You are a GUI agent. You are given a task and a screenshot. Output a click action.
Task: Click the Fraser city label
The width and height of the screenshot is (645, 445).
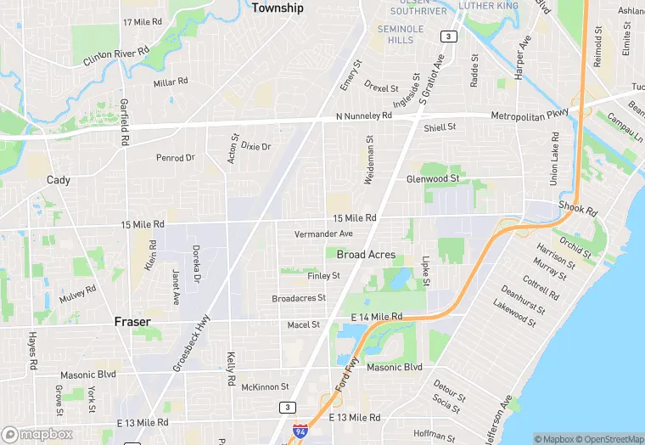[132, 322]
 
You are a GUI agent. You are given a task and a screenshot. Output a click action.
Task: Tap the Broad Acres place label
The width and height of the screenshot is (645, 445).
[366, 255]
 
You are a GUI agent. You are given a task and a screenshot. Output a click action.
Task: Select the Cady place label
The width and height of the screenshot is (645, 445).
[59, 179]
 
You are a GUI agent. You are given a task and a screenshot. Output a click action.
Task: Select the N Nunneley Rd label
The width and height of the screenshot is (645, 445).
[364, 115]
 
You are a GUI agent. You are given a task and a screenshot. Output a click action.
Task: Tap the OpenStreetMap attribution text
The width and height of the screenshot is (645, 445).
[611, 439]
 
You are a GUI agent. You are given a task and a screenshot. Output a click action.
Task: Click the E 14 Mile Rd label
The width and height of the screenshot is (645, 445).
[377, 317]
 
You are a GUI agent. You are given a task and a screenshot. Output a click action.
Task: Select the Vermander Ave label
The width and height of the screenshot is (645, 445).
[322, 234]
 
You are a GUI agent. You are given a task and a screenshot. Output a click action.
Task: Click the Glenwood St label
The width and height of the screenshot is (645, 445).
[432, 178]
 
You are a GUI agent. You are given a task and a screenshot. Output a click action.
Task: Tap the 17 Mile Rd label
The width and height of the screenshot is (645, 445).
[142, 22]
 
